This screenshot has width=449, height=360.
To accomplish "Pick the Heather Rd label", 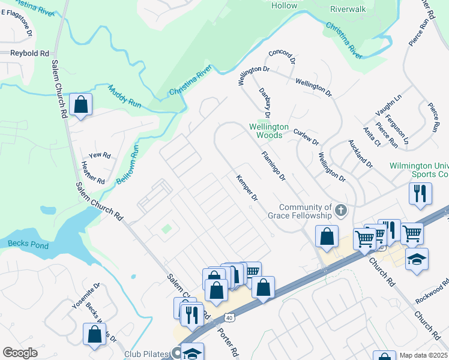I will pyautogui.click(x=93, y=173).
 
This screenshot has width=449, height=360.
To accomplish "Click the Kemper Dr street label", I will pyautogui.click(x=247, y=188).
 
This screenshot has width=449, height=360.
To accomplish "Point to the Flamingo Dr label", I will pyautogui.click(x=273, y=166).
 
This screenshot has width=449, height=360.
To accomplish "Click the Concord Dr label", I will pyautogui.click(x=282, y=57).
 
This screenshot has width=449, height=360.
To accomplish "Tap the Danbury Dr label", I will pyautogui.click(x=265, y=102).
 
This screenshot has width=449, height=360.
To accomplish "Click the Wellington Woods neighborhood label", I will pyautogui.click(x=269, y=131).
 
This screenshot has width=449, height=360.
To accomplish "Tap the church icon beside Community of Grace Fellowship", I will pyautogui.click(x=341, y=210).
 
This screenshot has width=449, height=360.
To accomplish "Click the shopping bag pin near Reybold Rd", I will pyautogui.click(x=80, y=105).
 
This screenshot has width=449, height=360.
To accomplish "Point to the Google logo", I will pyautogui.click(x=20, y=353).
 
